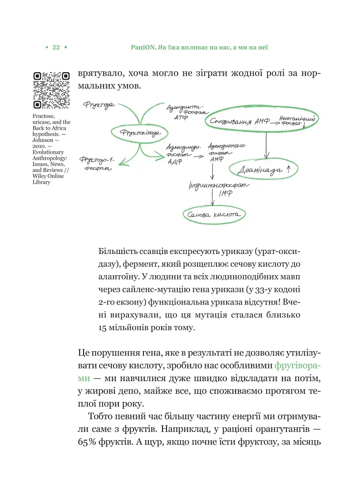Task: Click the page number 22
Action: pos(56,47)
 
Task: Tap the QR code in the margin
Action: pos(52,89)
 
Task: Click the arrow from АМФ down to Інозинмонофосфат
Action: pos(212,172)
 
